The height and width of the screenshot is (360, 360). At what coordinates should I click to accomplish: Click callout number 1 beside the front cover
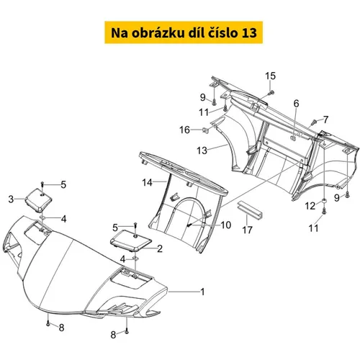pos(203,292)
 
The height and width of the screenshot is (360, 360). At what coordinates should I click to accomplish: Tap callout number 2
pos(160,248)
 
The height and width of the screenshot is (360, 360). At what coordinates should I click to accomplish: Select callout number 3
pos(11,199)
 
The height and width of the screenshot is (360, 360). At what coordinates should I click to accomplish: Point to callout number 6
pos(297,104)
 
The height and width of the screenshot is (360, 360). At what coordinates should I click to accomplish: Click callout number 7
pos(325,120)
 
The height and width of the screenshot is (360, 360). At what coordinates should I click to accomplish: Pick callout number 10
pos(226,225)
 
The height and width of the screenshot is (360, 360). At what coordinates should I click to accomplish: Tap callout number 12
pos(310,206)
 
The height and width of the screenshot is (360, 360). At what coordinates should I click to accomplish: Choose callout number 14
pos(147,182)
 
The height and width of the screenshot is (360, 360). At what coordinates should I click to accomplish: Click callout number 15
pos(270,76)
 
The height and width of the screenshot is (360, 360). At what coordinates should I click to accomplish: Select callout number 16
pos(185,130)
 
